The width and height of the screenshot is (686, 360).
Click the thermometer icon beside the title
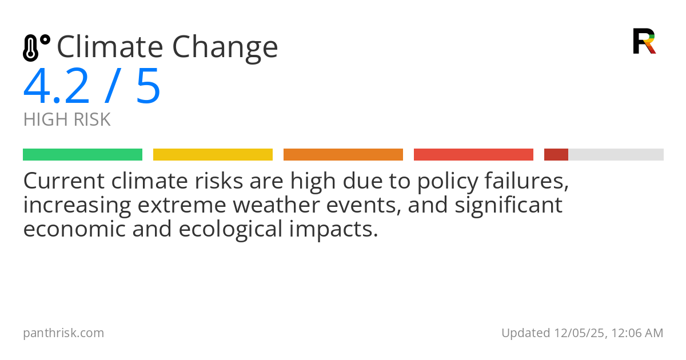pyautogui.click(x=35, y=47)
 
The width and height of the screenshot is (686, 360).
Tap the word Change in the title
pyautogui.click(x=225, y=48)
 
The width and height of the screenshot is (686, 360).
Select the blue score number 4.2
pyautogui.click(x=57, y=87)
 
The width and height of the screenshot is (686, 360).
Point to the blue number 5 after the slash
pyautogui.click(x=148, y=87)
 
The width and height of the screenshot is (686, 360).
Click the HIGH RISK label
pyautogui.click(x=67, y=120)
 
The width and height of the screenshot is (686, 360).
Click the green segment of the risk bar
pyautogui.click(x=82, y=155)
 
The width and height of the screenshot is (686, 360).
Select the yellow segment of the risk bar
pyautogui.click(x=213, y=155)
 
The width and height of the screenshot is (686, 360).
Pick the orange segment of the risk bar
pyautogui.click(x=343, y=155)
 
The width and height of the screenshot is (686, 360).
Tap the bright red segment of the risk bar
pyautogui.click(x=473, y=155)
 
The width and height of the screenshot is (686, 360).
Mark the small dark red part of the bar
pyautogui.click(x=556, y=155)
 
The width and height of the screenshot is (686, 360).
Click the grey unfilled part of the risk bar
pyautogui.click(x=616, y=155)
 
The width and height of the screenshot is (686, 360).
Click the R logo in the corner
pyautogui.click(x=644, y=41)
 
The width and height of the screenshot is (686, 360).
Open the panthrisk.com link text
pyautogui.click(x=63, y=333)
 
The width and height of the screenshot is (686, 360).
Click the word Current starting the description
pyautogui.click(x=63, y=182)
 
